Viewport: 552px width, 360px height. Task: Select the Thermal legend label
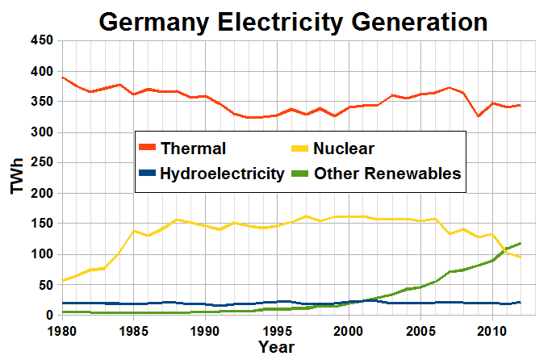pyautogui.click(x=193, y=148)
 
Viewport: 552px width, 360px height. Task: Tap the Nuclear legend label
pyautogui.click(x=344, y=148)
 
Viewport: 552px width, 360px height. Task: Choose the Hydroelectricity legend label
pyautogui.click(x=222, y=173)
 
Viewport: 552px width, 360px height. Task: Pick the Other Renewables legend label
pyautogui.click(x=387, y=173)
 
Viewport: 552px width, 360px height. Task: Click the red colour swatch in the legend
pyautogui.click(x=147, y=148)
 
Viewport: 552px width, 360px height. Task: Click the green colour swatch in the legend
pyautogui.click(x=299, y=173)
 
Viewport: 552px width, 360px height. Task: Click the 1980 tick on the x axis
pyautogui.click(x=62, y=331)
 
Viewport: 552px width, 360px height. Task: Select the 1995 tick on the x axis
pyautogui.click(x=277, y=331)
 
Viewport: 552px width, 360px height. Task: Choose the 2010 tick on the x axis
pyautogui.click(x=491, y=331)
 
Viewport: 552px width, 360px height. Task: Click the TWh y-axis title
pyautogui.click(x=17, y=177)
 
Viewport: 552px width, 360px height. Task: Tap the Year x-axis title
pyautogui.click(x=277, y=347)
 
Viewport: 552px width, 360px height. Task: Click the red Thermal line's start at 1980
pyautogui.click(x=63, y=77)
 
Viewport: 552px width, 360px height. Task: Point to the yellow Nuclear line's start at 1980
pyautogui.click(x=63, y=281)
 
